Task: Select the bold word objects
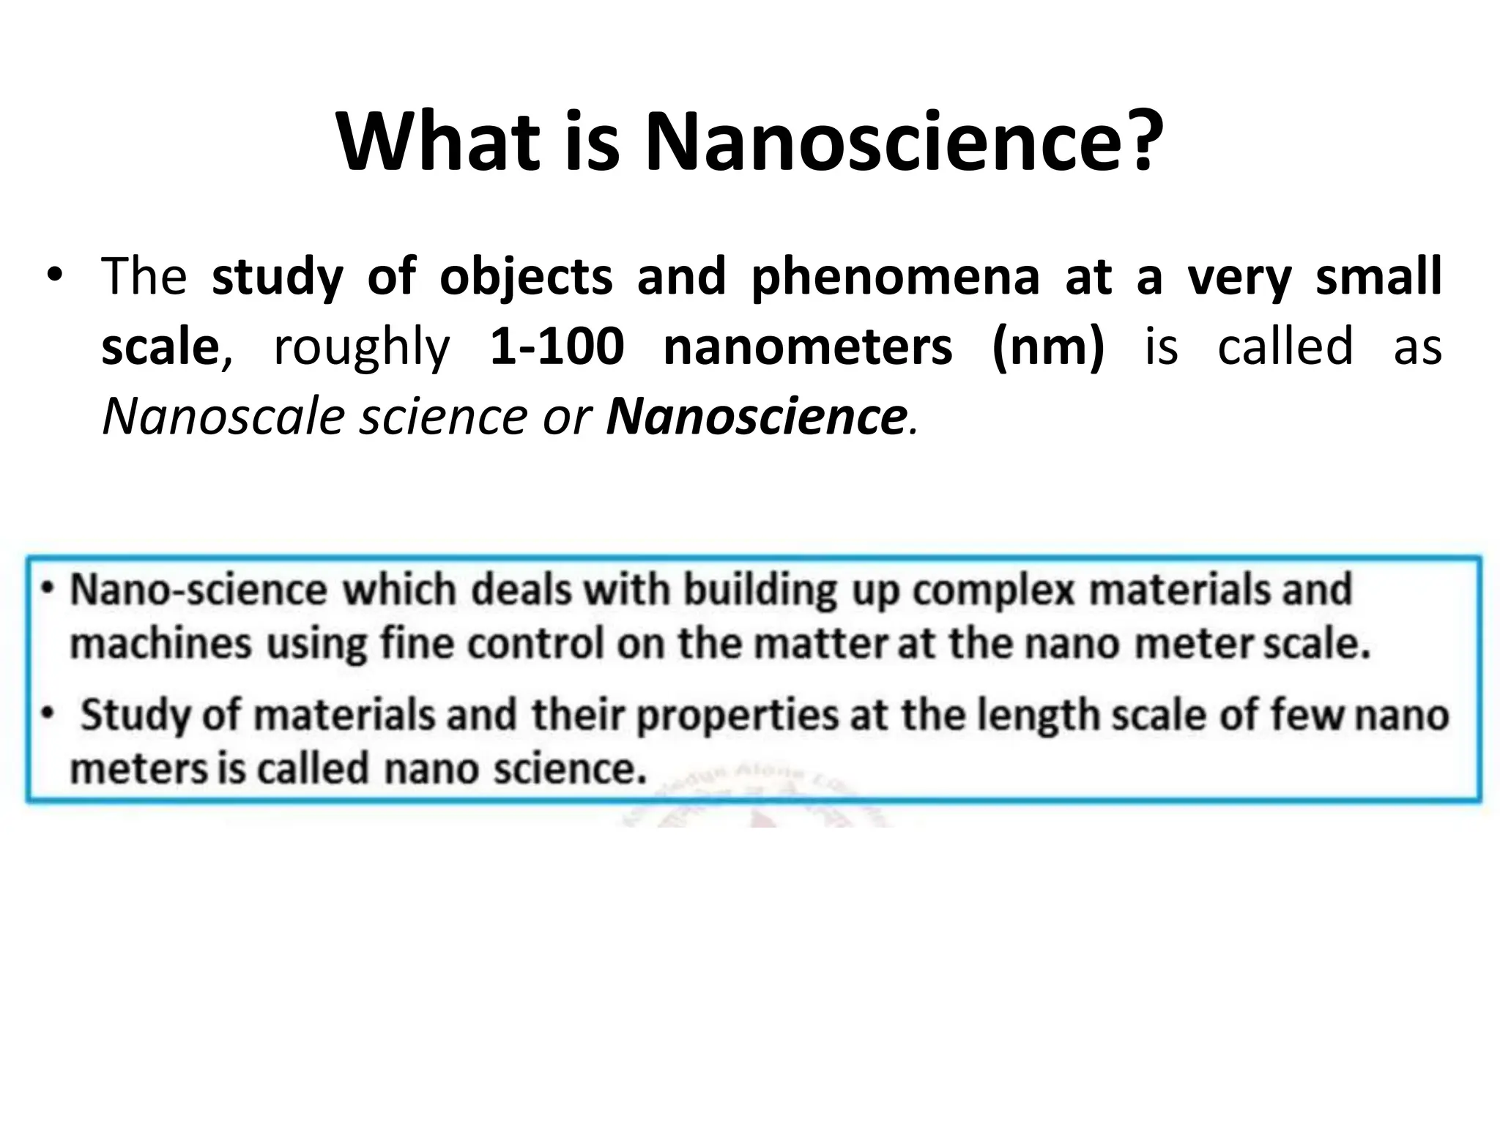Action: [x=525, y=278]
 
